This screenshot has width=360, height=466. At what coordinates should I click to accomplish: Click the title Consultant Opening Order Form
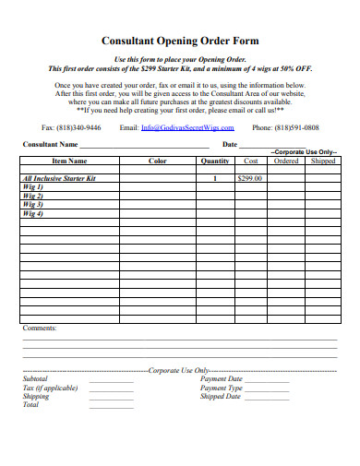(180, 42)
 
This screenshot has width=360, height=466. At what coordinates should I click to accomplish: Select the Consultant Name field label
(49, 146)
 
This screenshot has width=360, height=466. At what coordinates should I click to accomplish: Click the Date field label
(230, 146)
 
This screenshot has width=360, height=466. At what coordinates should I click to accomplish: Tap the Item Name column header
(68, 161)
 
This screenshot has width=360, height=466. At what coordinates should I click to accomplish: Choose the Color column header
(157, 161)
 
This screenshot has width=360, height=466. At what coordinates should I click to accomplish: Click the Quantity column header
(215, 161)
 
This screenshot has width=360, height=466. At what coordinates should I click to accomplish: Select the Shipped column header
(323, 161)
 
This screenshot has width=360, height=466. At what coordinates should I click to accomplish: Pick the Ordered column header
(286, 161)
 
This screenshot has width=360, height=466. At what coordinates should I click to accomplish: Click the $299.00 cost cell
(249, 177)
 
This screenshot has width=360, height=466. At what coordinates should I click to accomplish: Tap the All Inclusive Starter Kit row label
(59, 177)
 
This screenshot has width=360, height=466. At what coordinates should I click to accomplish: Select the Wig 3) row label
(33, 205)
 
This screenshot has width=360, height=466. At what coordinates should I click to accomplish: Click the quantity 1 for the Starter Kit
(215, 177)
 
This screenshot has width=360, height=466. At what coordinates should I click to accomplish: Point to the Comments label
(39, 328)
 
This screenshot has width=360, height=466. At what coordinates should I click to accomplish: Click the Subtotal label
(34, 378)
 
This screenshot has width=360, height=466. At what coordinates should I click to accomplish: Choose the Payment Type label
(221, 388)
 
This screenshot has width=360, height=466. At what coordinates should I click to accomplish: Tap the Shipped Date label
(221, 397)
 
